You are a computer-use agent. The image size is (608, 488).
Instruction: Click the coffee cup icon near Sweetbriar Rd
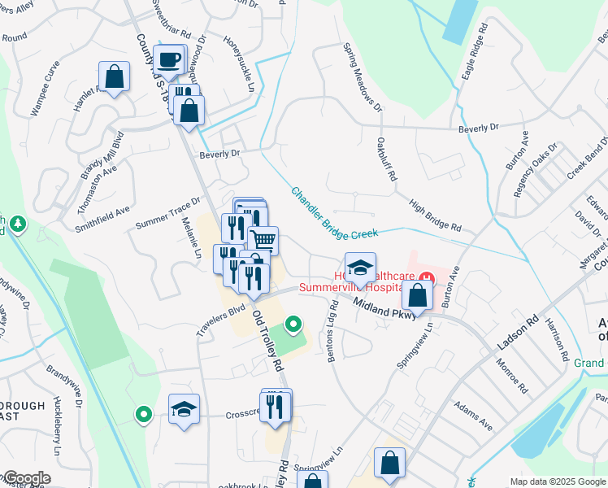(170, 59)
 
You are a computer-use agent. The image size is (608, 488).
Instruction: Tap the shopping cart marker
(263, 240)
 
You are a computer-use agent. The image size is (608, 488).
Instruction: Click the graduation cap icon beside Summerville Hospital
(360, 266)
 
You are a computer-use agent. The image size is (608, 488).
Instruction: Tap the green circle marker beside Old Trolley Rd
(293, 327)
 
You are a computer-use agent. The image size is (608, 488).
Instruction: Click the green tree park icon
(15, 223)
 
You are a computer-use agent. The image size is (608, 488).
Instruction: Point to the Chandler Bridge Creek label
(335, 213)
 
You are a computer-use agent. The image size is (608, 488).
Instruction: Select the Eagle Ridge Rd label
(474, 51)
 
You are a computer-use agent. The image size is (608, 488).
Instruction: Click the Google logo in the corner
(26, 478)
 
